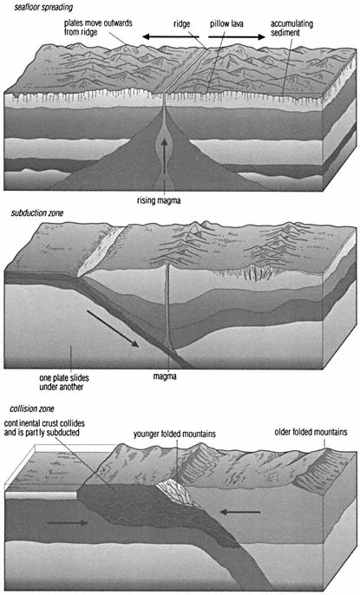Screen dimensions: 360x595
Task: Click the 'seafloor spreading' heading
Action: pos(43,7)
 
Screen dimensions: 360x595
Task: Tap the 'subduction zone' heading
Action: pos(37,212)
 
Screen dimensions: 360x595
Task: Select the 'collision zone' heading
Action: pos(32,409)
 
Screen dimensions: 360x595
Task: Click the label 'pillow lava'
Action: pos(226,24)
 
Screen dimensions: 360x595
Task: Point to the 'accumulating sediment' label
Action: pos(291,28)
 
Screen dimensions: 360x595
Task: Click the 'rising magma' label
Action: pos(159,200)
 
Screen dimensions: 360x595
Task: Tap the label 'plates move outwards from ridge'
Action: pos(98,28)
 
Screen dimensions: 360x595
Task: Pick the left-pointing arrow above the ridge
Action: pos(170,36)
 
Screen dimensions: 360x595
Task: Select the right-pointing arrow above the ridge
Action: pos(237,36)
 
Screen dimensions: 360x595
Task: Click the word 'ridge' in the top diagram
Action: pos(181,24)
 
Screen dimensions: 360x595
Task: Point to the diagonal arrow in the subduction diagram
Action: pos(112,329)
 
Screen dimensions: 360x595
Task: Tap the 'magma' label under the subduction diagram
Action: pos(165,376)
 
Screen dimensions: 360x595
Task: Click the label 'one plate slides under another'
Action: pos(63,382)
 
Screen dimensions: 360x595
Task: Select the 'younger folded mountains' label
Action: pos(174,434)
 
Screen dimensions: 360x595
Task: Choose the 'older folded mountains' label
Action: pos(311,432)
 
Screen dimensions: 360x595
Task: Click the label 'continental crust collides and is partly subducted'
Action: pos(44,428)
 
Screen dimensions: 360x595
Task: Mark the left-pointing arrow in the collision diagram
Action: pos(240,513)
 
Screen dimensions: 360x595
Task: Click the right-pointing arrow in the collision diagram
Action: pos(68,523)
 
